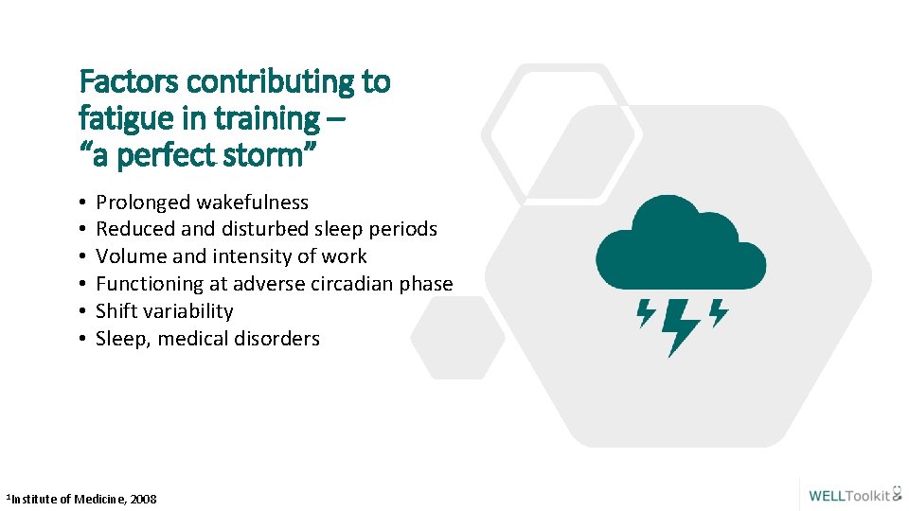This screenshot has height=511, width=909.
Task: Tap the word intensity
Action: (x=264, y=256)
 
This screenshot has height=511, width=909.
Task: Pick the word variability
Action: (x=188, y=311)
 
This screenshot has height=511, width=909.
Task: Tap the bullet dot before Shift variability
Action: (x=84, y=312)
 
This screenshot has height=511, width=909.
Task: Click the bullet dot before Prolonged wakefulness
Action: (x=84, y=203)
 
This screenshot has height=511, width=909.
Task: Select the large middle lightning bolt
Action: (x=679, y=326)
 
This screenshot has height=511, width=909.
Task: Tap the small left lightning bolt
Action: (x=647, y=312)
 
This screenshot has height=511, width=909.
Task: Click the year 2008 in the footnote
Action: (x=144, y=499)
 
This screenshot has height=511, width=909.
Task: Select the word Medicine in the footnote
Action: (x=100, y=499)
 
